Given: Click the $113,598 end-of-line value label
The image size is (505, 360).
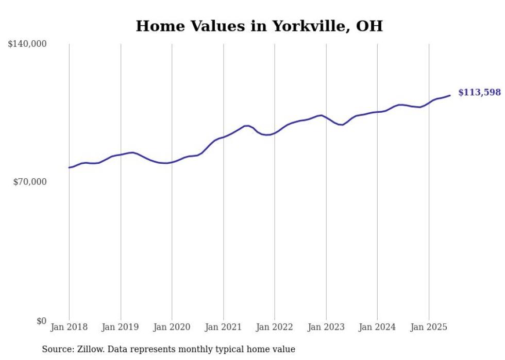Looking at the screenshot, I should pyautogui.click(x=479, y=93).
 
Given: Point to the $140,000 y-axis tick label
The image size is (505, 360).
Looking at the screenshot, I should pyautogui.click(x=27, y=44).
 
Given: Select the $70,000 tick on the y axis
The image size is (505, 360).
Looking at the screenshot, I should pyautogui.click(x=30, y=182).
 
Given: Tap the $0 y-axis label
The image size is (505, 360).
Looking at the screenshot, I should pyautogui.click(x=41, y=321).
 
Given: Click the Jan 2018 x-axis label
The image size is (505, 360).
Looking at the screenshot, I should pyautogui.click(x=69, y=327).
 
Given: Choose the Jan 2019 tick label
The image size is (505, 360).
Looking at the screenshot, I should pyautogui.click(x=120, y=327).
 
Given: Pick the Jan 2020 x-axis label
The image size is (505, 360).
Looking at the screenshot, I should pyautogui.click(x=172, y=327).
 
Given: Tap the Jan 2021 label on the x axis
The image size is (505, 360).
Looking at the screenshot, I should pyautogui.click(x=223, y=327).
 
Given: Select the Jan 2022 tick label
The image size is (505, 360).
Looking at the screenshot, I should pyautogui.click(x=275, y=327).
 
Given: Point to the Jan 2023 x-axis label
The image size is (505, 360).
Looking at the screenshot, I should pyautogui.click(x=326, y=327).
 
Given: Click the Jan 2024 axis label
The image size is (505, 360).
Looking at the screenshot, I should pyautogui.click(x=377, y=327).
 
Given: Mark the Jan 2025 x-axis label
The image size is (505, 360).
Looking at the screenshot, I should pyautogui.click(x=428, y=327).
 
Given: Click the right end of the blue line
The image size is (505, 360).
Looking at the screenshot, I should pyautogui.click(x=450, y=95).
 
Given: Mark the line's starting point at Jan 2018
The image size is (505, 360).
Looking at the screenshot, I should pyautogui.click(x=69, y=167).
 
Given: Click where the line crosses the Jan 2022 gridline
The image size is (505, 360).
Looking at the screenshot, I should pyautogui.click(x=275, y=133).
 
